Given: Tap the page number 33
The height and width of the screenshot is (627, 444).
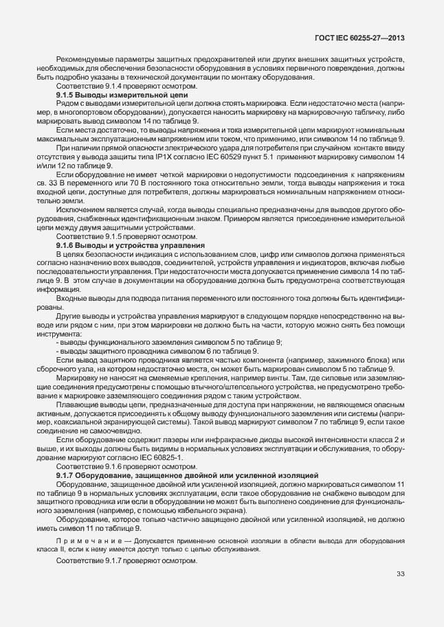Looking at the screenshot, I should click(401, 574).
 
